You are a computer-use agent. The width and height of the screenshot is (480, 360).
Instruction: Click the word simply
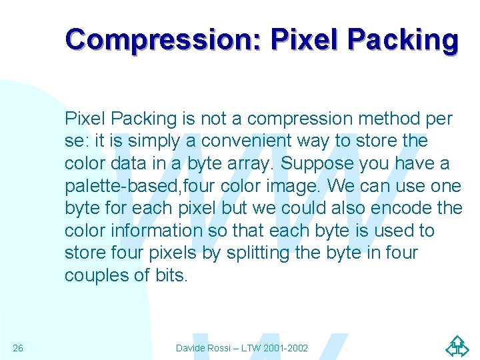(153, 141)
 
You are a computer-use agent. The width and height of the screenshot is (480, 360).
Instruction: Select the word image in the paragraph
(296, 186)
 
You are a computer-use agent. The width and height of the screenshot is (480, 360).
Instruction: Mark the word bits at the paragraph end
(171, 275)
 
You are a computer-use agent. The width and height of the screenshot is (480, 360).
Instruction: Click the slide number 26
(18, 348)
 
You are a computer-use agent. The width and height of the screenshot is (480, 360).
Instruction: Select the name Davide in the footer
(192, 348)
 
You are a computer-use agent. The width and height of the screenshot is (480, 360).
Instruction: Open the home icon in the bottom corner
(457, 347)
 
